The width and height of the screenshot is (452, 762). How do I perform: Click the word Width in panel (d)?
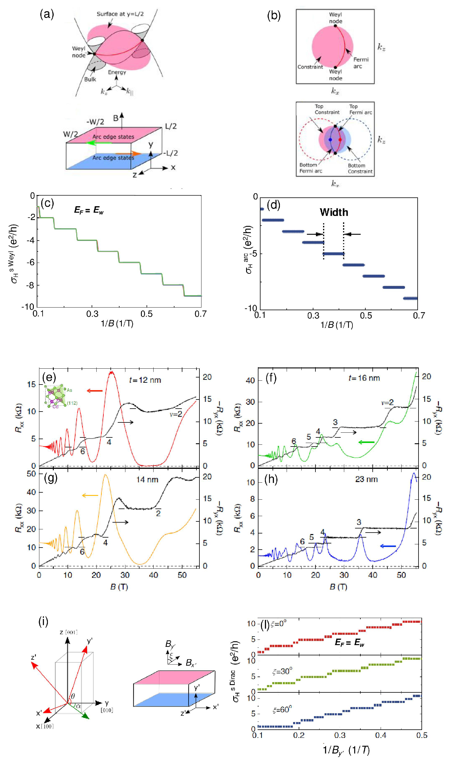[x=334, y=212]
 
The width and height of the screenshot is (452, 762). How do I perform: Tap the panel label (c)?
[x=47, y=203]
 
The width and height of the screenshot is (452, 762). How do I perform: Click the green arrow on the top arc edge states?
[x=95, y=142]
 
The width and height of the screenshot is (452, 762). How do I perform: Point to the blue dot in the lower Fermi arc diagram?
[x=330, y=140]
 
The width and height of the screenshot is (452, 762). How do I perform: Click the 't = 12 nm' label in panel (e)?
[x=145, y=380]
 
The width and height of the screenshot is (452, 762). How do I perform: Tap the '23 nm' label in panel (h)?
[x=366, y=479]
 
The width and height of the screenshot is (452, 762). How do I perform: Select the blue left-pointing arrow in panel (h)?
[x=388, y=546]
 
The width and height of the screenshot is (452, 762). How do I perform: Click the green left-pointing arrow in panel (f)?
[x=366, y=442]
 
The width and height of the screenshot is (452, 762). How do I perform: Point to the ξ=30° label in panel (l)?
[x=282, y=671]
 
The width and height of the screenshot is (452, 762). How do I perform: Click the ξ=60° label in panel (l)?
[x=282, y=710]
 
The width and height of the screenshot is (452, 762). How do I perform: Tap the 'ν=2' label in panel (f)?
[x=387, y=403]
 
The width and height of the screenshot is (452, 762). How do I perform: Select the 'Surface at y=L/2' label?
[x=120, y=14]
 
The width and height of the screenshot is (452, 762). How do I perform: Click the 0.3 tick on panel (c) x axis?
[x=92, y=314]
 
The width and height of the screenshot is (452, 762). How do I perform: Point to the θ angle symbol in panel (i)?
[x=73, y=696]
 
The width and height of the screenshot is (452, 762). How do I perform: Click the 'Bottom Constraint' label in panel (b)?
[x=360, y=168]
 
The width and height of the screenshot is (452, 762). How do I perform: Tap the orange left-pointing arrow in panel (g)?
[x=90, y=496]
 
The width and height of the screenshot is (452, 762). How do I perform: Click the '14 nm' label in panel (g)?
[x=147, y=480]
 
